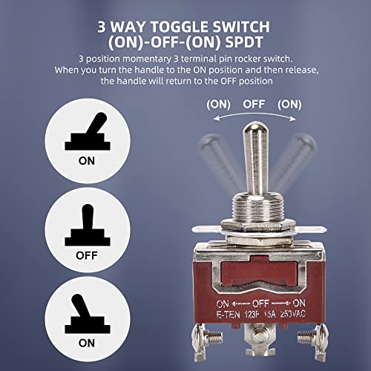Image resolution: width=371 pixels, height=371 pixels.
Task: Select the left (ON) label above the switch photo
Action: click(218, 105)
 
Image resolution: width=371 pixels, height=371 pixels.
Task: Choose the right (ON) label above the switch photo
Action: click(289, 105)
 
